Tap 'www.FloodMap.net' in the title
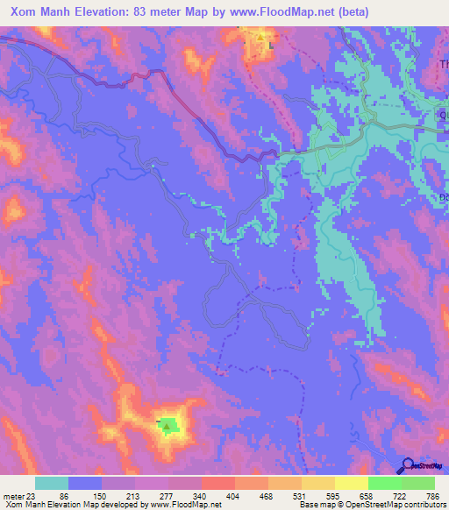267,11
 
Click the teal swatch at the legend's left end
52,483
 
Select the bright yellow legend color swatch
352,483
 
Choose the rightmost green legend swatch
418,483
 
